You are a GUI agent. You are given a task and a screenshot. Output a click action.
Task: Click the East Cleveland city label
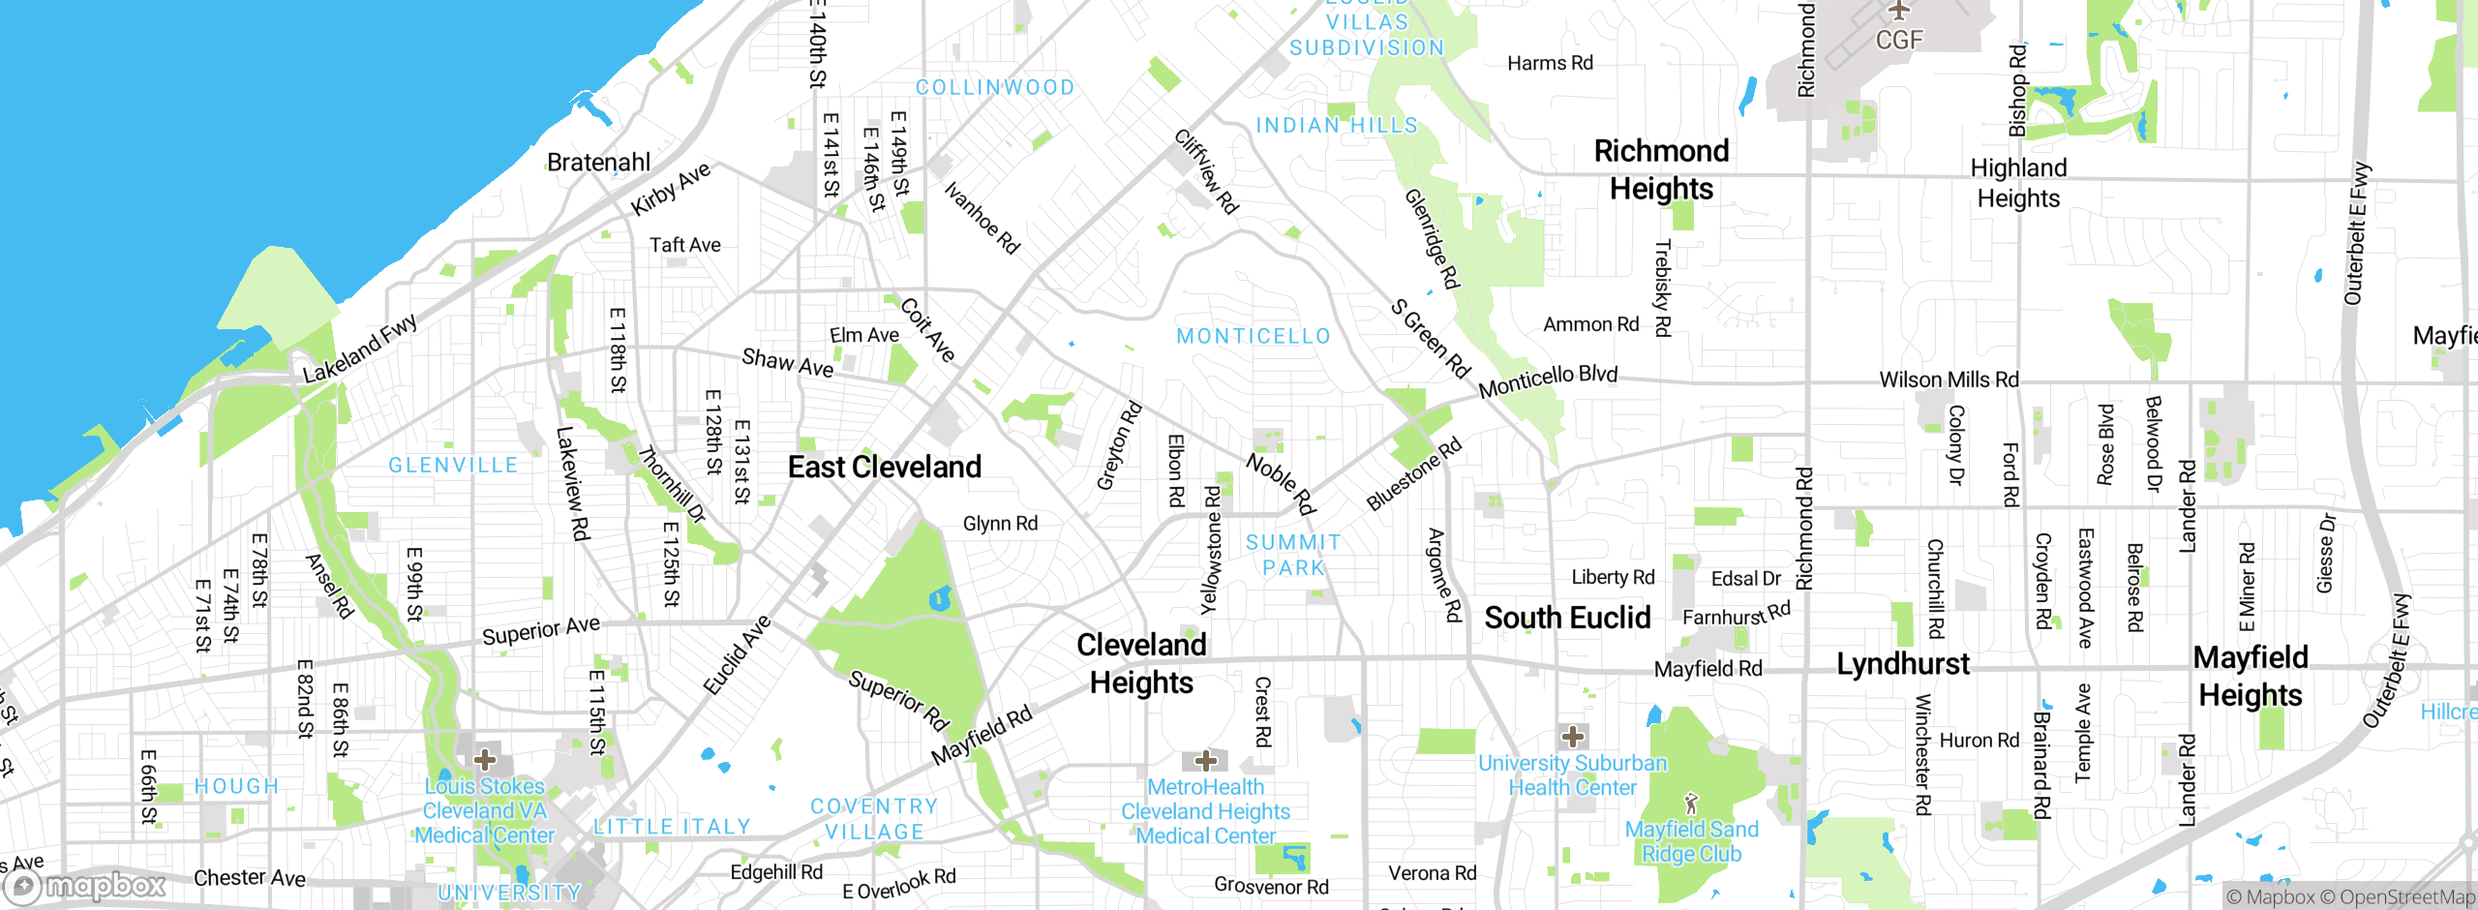[884, 468]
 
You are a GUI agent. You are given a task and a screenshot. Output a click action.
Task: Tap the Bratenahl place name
[598, 163]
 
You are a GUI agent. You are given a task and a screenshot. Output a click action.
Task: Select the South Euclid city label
[1567, 618]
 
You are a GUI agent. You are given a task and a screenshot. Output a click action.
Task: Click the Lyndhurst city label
[1902, 664]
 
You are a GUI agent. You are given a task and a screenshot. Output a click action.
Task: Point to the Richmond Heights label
[1661, 169]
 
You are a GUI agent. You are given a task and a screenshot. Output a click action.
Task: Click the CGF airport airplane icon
[1899, 11]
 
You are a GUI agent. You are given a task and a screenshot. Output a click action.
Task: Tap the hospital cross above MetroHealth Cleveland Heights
[1205, 761]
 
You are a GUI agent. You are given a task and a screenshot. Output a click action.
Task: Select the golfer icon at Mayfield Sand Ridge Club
[1691, 804]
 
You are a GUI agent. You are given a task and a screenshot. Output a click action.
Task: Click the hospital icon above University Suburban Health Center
[1573, 737]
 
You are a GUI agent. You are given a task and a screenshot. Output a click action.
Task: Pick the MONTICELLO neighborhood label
[1254, 337]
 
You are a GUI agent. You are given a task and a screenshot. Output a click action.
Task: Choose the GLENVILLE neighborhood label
[453, 466]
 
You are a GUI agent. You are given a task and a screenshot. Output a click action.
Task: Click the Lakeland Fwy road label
[360, 348]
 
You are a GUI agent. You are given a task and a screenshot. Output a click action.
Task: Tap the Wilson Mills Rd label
[1949, 379]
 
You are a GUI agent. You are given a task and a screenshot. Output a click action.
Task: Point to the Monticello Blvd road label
[1548, 380]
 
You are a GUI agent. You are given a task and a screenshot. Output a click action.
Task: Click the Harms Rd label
[1550, 63]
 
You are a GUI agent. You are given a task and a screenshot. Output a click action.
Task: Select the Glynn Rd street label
[1000, 524]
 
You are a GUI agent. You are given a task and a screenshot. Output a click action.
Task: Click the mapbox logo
[85, 886]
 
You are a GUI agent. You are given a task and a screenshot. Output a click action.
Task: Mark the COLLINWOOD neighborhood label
[995, 88]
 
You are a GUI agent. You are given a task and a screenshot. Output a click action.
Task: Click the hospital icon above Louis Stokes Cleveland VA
[485, 760]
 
